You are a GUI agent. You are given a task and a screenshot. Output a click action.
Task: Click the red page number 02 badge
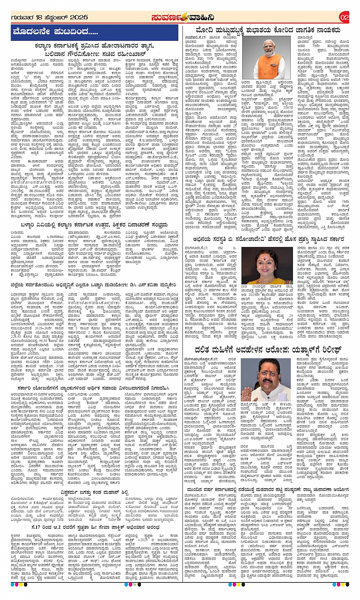coord(344,17)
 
